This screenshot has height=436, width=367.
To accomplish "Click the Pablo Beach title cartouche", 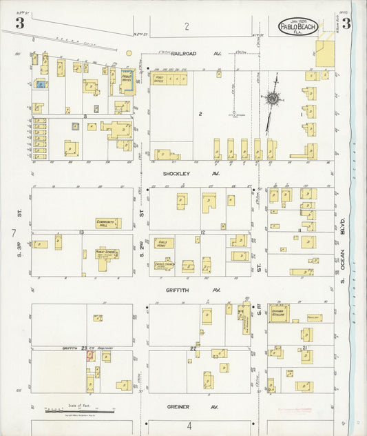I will click(297, 27).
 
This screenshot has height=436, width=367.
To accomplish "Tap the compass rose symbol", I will click(273, 99).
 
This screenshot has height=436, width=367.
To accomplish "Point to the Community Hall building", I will click(108, 223).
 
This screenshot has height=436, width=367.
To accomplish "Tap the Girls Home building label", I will click(163, 243).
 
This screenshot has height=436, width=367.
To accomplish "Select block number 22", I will click(193, 350).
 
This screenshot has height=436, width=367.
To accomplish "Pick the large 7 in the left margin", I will click(13, 235).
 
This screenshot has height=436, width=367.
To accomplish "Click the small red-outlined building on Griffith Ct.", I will click(90, 356).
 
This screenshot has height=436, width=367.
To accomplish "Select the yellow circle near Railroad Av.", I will click(129, 52).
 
